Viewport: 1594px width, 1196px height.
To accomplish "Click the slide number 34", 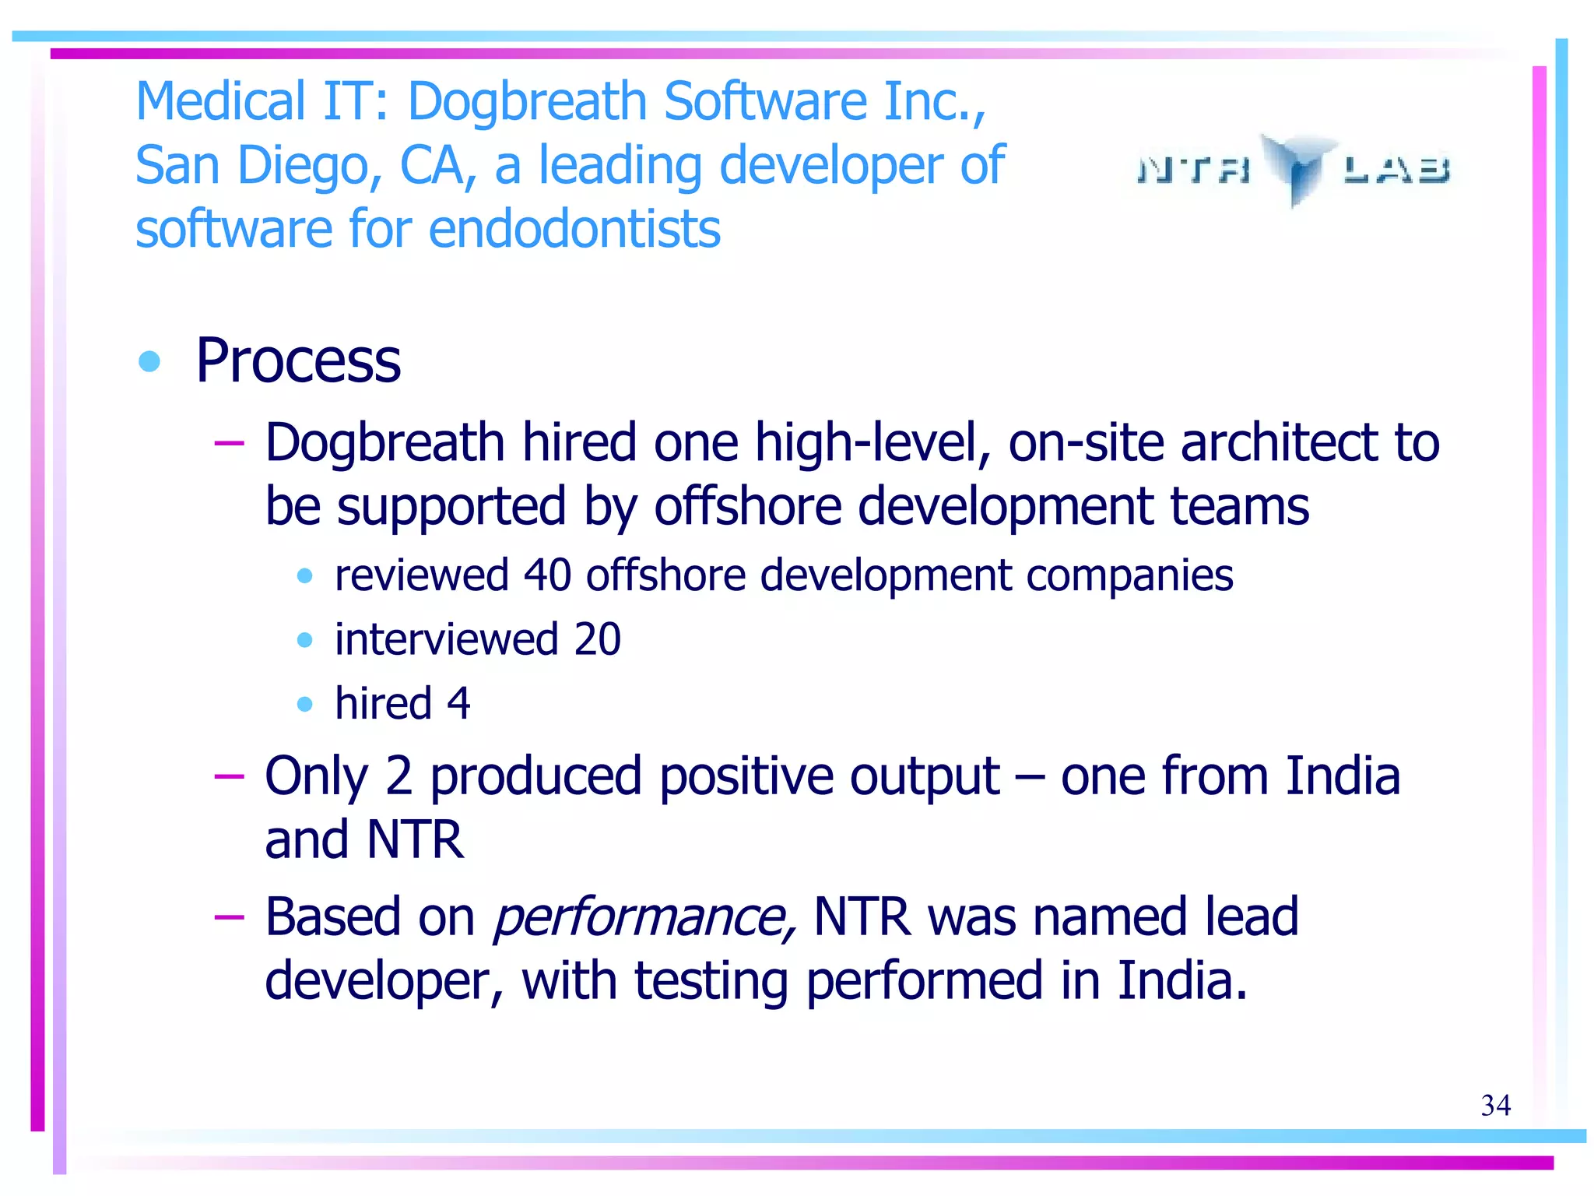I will point(1495,1105).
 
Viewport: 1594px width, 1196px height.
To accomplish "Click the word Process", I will point(298,361).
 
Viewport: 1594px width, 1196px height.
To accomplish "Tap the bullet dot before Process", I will point(149,361).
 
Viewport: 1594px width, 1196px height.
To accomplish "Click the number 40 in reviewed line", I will point(547,575).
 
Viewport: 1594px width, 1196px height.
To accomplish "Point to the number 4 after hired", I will point(458,703).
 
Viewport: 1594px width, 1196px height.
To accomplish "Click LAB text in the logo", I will point(1396,169).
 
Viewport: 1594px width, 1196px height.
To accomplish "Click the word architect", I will point(1279,442).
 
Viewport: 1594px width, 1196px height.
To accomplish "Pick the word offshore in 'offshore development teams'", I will point(747,507).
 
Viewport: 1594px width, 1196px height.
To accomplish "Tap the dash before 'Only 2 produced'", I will point(229,776).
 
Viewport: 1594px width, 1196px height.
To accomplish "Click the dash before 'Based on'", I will point(229,916).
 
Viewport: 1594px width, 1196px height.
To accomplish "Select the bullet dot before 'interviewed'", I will point(305,640).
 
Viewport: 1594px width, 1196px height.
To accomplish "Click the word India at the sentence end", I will point(1181,980).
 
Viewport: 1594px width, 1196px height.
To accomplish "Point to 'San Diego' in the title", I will point(258,166).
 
